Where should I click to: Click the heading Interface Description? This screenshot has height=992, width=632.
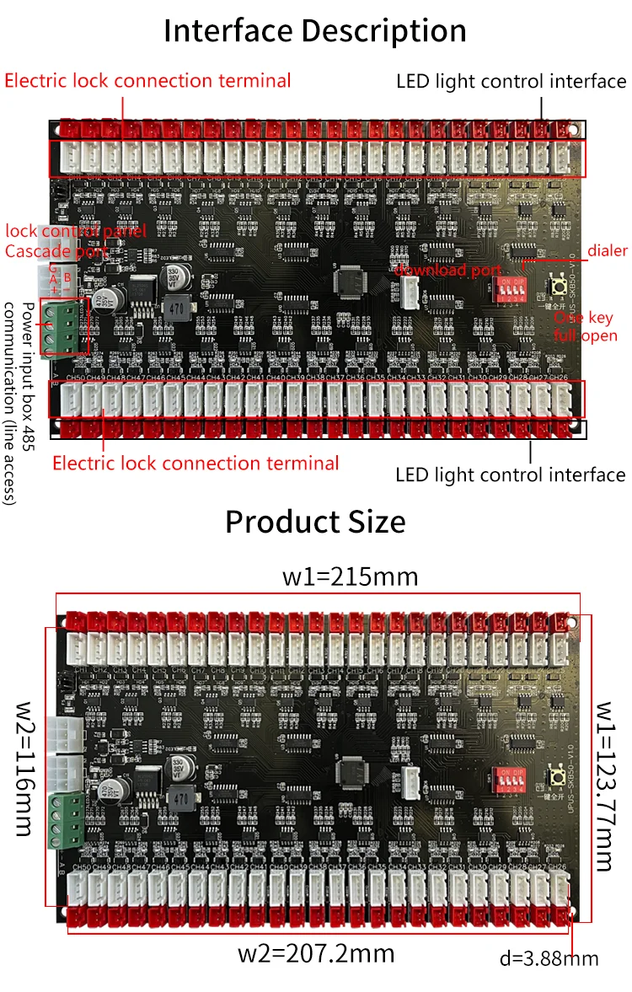[315, 31]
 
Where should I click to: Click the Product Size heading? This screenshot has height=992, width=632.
[315, 522]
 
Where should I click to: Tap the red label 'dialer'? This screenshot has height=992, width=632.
[607, 251]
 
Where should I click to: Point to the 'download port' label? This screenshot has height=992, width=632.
[449, 270]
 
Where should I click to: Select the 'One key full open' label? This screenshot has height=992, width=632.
[585, 327]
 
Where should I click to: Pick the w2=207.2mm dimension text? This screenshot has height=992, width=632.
[316, 953]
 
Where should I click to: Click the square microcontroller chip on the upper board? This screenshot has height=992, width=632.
[351, 279]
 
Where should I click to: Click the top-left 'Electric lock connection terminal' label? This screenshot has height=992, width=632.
[147, 81]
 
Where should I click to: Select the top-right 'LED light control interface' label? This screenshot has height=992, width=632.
[511, 82]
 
